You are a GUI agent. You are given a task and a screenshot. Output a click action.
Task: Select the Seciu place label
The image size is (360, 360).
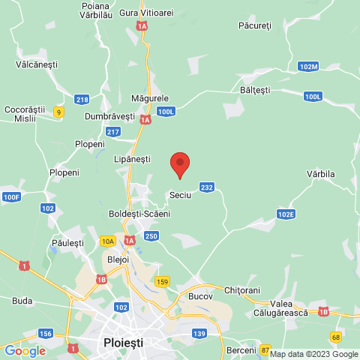[x=181, y=194]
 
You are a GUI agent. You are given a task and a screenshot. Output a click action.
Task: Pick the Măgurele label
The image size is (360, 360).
[x=150, y=98]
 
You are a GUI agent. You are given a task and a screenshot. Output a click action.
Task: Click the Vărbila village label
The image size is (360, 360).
[x=320, y=174]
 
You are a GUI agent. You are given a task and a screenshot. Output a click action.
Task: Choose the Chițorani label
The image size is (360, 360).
[x=242, y=289]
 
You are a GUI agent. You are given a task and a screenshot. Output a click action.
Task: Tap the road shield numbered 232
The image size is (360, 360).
[x=208, y=187]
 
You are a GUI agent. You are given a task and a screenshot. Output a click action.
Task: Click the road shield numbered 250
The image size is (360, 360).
[x=151, y=236]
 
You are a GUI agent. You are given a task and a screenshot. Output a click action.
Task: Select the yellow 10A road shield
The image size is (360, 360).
[x=108, y=241]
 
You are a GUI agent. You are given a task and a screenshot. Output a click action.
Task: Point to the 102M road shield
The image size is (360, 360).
[x=308, y=67]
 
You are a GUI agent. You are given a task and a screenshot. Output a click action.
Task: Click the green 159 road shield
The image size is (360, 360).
[x=163, y=281]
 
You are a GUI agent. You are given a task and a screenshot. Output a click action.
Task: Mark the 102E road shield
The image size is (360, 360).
[x=286, y=214]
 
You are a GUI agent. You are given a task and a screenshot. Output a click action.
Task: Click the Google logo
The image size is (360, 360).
[x=25, y=351]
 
